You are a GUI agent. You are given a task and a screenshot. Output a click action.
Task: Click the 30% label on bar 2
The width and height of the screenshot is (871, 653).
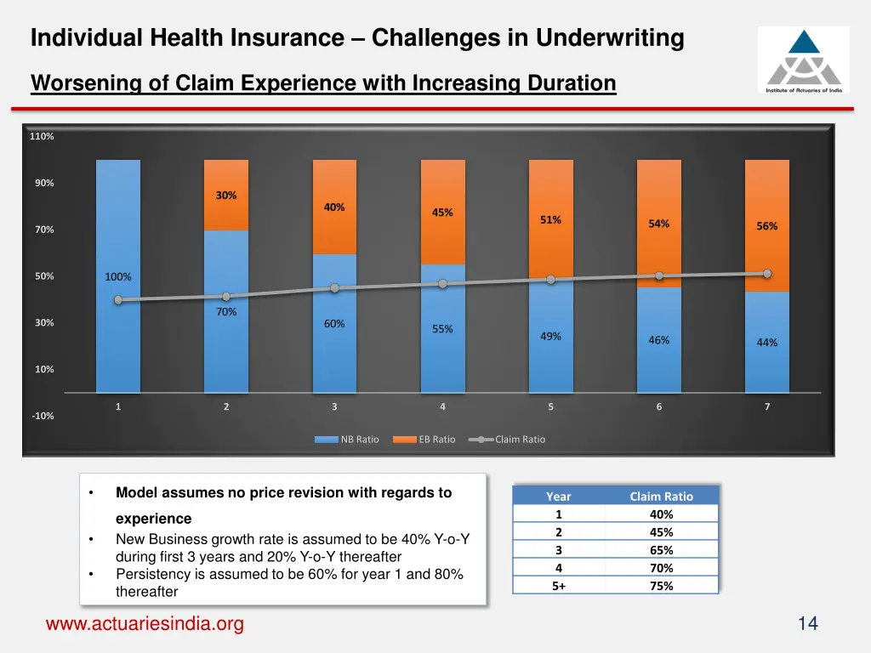point(226,196)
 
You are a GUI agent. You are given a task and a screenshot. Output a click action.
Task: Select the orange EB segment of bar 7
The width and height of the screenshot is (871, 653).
point(766,255)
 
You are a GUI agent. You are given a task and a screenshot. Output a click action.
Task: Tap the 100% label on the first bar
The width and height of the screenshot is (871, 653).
point(118,277)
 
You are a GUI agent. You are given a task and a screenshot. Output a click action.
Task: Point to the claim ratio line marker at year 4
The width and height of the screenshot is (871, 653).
point(442,284)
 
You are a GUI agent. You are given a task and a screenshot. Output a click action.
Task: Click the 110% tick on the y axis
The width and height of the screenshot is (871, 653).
point(42,137)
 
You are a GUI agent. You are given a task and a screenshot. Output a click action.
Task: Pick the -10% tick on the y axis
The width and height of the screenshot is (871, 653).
point(43,416)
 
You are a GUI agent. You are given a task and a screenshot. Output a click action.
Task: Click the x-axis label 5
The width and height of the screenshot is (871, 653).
point(550,407)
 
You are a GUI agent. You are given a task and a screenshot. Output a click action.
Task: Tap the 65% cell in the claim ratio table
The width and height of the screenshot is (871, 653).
point(661,550)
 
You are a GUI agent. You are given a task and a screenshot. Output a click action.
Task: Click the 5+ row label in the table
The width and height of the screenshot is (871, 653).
point(559,586)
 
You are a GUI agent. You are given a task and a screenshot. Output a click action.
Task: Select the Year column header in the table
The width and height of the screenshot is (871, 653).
point(559,497)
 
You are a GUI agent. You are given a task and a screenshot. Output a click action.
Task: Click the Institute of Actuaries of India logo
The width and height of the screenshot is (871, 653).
point(803,60)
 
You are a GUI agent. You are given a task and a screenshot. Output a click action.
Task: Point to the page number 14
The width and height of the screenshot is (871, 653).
point(807,624)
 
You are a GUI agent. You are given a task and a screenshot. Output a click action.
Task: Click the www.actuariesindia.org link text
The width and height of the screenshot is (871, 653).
point(145,624)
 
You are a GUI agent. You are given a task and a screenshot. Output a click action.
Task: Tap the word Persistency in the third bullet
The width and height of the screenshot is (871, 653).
point(153,575)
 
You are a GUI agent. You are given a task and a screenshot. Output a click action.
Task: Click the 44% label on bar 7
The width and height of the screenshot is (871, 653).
point(766,343)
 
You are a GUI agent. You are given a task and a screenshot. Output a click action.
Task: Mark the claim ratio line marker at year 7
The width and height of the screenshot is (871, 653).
point(767,274)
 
